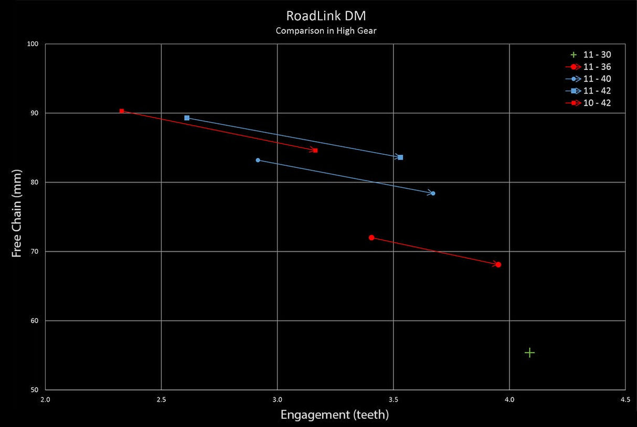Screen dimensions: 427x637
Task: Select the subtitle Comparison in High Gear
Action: pos(326,30)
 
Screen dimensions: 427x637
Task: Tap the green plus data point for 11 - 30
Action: pos(529,353)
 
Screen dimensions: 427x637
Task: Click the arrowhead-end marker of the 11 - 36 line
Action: pos(498,264)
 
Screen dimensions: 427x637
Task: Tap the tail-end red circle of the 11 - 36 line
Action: pos(371,238)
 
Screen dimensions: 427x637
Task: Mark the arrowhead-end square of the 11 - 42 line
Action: pos(400,157)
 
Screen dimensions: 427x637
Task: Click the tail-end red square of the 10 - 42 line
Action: pos(122,111)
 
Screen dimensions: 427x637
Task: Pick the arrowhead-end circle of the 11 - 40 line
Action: pos(432,194)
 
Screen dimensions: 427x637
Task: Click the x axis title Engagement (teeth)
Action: pos(335,415)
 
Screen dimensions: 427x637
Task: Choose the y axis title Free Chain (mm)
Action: pos(16,213)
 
